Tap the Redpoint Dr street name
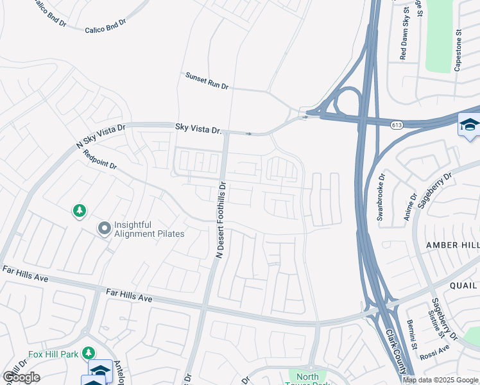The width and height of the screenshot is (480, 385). (x=100, y=160)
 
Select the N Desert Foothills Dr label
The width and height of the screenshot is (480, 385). (x=221, y=219)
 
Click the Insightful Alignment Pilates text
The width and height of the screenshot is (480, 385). (x=149, y=229)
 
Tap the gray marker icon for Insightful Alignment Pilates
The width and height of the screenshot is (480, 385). (x=103, y=228)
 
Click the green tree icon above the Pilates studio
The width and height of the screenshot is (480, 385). (x=79, y=211)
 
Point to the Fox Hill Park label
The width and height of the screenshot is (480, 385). (x=53, y=354)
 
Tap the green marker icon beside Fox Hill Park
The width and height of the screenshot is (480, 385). (x=89, y=353)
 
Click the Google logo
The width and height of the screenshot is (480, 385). (x=21, y=377)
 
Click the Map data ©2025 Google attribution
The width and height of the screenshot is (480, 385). (x=440, y=380)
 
